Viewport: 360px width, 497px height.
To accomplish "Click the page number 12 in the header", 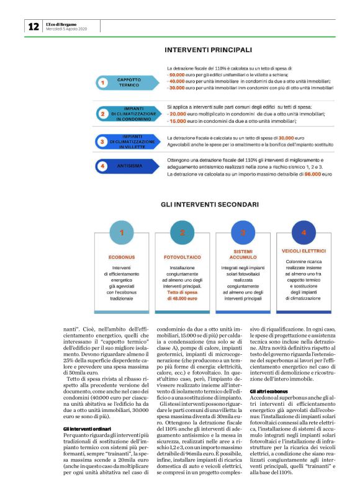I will pyautogui.click(x=33, y=26).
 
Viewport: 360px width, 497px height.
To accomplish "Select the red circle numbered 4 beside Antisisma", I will pyautogui.click(x=103, y=166).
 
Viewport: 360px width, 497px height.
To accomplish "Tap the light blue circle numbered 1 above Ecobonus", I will pyautogui.click(x=122, y=233).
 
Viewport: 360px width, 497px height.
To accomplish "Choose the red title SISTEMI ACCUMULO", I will pyautogui.click(x=243, y=255).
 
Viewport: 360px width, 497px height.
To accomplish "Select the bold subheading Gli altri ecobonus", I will pyautogui.click(x=269, y=392).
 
